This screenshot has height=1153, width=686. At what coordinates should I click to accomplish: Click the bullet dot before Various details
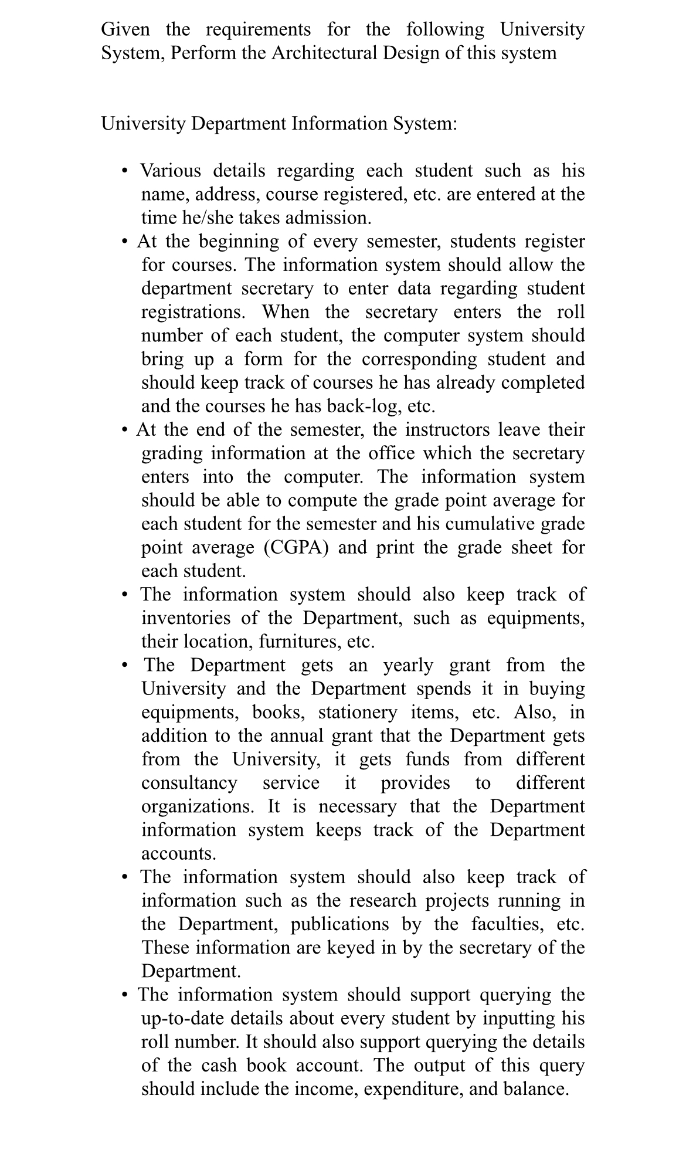(x=124, y=171)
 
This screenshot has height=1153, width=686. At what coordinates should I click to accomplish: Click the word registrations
(x=193, y=311)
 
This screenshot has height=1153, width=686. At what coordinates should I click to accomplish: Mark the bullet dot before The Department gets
(x=124, y=666)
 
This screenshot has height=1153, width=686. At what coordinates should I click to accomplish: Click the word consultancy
(x=189, y=783)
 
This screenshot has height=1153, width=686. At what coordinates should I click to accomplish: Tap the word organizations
(x=198, y=806)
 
